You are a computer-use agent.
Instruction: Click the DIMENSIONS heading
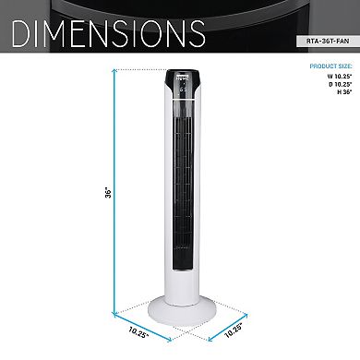pyautogui.click(x=109, y=33)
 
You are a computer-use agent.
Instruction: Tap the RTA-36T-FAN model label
pyautogui.click(x=328, y=41)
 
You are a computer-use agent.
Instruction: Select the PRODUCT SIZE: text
pyautogui.click(x=331, y=66)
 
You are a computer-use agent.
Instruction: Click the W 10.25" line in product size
pyautogui.click(x=340, y=77)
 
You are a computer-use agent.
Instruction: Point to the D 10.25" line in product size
pyautogui.click(x=340, y=84)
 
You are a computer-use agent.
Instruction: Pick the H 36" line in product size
pyautogui.click(x=344, y=92)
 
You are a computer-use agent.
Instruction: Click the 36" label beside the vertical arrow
pyautogui.click(x=108, y=193)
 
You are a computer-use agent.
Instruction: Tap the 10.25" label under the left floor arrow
pyautogui.click(x=138, y=332)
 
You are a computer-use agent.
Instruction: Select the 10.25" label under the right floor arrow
pyautogui.click(x=234, y=330)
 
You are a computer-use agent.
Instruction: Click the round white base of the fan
pyautogui.click(x=182, y=312)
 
